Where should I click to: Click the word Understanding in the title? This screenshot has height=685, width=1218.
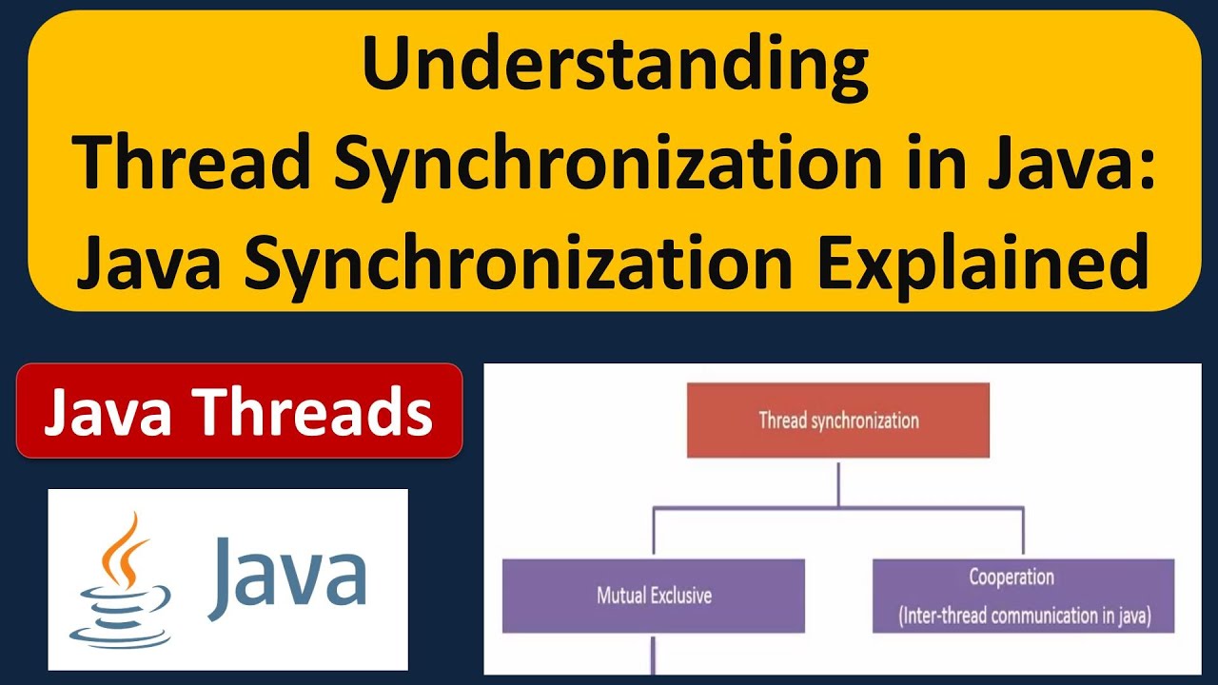[x=615, y=68]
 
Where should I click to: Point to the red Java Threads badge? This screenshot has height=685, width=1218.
[x=239, y=411]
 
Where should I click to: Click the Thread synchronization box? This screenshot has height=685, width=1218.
[x=838, y=421]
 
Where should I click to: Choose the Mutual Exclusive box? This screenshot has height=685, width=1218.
[x=653, y=597]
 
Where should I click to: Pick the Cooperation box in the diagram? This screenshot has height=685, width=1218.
[x=1023, y=597]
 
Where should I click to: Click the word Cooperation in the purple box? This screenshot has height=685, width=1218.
[x=1012, y=577]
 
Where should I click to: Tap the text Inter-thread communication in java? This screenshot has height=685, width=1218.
[x=1024, y=616]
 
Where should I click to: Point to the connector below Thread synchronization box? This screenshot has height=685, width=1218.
[x=838, y=482]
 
